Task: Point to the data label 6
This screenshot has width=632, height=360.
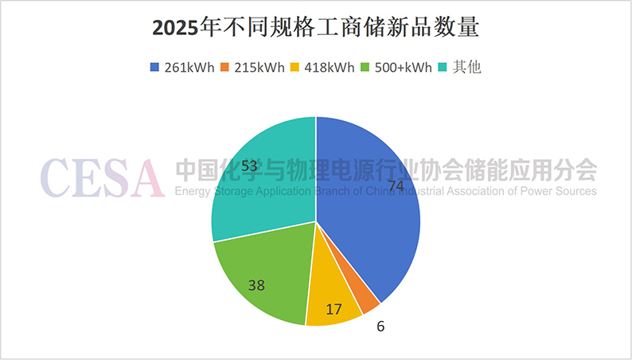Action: coord(381,326)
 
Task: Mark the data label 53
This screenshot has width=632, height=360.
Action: coord(249,166)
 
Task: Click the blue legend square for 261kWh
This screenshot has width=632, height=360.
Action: coord(154,68)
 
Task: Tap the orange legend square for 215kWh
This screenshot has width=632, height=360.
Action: coord(224,68)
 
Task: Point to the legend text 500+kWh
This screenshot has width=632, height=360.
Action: coord(402,68)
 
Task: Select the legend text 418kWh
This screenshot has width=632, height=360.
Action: coord(329,68)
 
